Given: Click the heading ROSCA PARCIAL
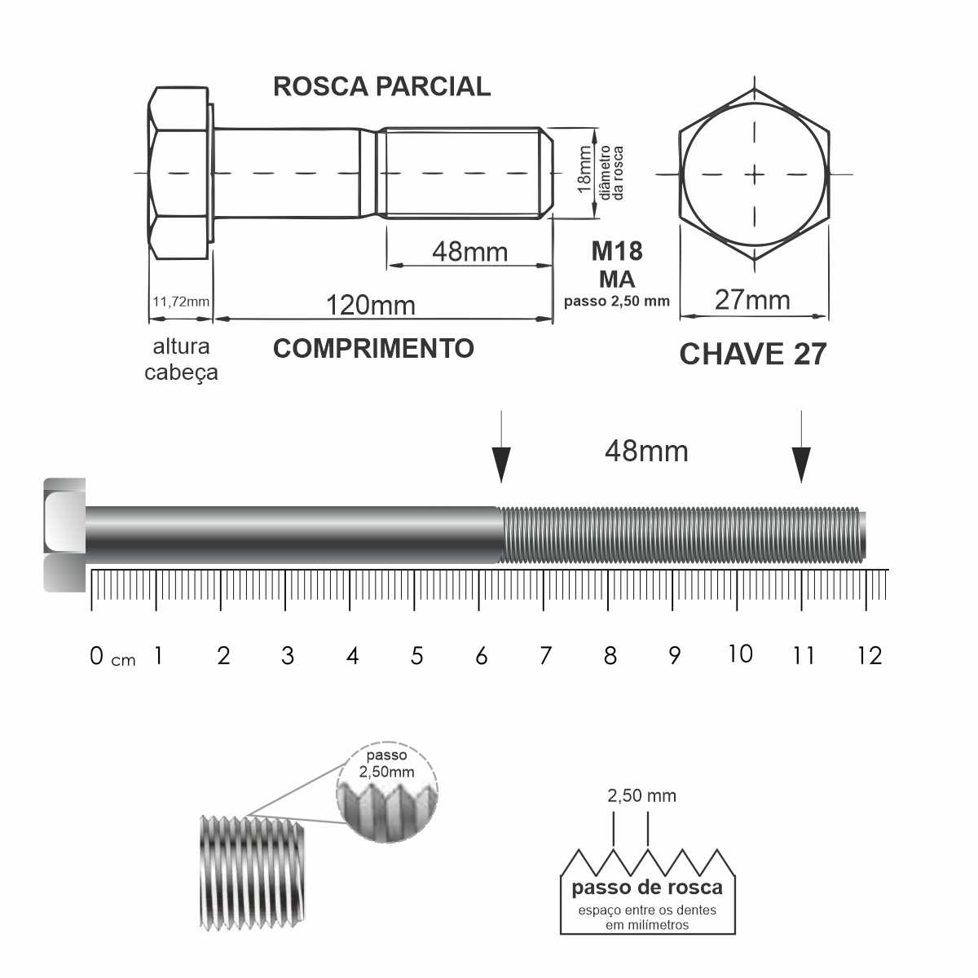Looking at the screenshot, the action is pos(381,86).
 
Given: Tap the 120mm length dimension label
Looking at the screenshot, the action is pos(371,305).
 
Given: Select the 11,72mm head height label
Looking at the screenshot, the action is pos(181,302).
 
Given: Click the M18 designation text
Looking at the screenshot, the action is pos(617,251).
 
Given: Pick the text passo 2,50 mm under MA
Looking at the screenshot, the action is pos(617,301).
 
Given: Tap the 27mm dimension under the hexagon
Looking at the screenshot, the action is pos(752,300).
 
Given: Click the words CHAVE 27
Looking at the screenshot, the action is pos(753,354).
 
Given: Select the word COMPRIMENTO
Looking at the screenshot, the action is pos(373,348).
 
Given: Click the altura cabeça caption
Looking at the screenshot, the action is pos(181,359).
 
